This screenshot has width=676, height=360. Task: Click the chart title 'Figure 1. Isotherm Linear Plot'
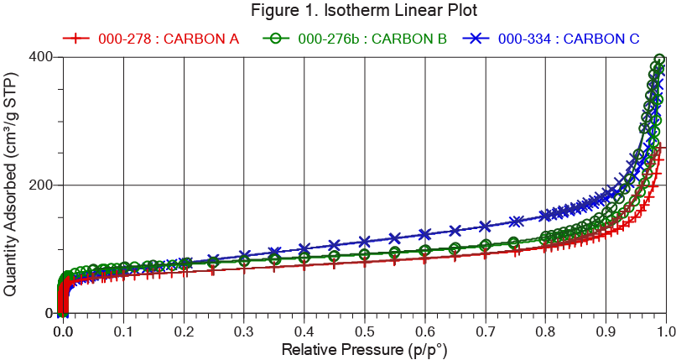click(362, 12)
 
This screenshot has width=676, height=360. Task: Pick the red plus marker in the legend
click(75, 39)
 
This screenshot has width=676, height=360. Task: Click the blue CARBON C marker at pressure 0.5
click(365, 242)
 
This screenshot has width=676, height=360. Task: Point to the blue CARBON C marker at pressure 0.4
click(304, 248)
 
